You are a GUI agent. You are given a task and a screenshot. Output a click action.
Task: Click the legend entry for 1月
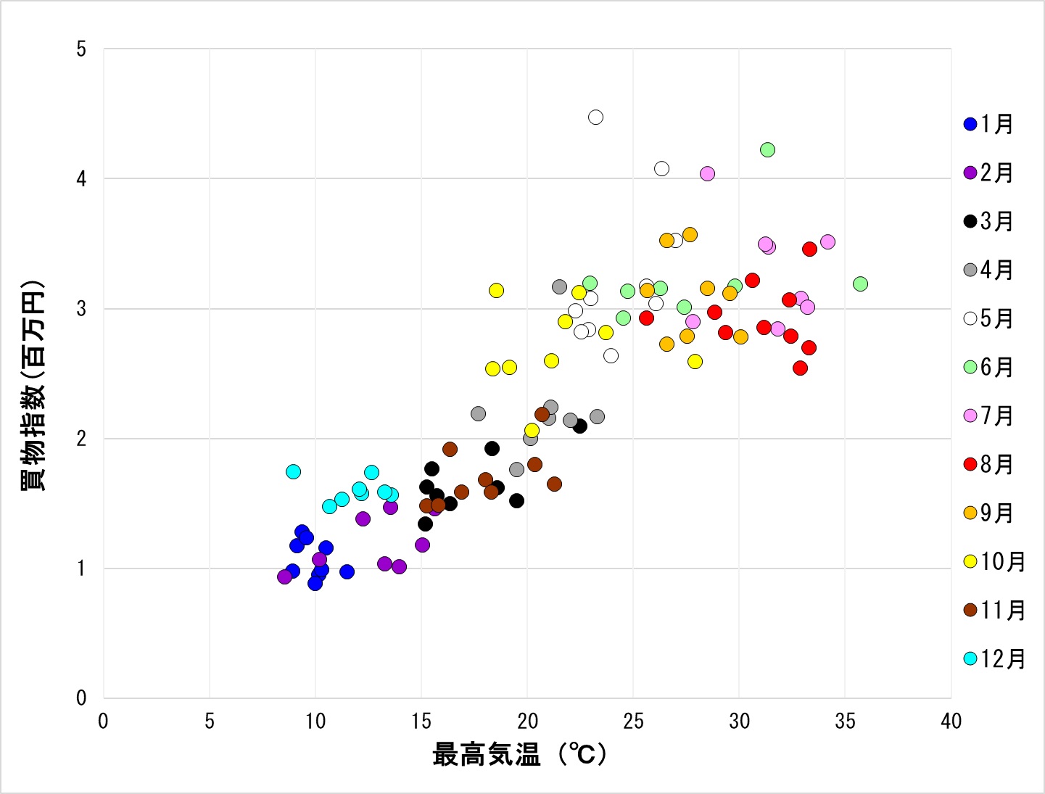[988, 124]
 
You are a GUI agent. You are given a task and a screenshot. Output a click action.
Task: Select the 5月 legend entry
[988, 318]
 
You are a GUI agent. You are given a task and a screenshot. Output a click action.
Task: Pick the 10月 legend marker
[970, 561]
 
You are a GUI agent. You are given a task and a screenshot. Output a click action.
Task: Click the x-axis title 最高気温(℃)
[519, 755]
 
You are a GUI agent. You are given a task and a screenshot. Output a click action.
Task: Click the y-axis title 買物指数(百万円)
[33, 385]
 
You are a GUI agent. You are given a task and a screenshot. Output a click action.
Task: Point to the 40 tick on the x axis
[951, 721]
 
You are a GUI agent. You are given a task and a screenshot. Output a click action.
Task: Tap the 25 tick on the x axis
[633, 721]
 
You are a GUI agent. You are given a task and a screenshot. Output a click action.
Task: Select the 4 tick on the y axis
[81, 178]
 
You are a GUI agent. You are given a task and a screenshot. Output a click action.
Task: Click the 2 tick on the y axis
[81, 438]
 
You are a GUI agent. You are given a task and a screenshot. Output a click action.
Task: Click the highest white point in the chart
[595, 117]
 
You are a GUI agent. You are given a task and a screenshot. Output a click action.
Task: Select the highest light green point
[767, 150]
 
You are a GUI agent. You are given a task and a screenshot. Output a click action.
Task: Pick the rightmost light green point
[860, 284]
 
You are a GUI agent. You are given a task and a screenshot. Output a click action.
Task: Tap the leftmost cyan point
[293, 471]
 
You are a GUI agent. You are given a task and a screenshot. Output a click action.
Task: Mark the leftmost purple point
[284, 576]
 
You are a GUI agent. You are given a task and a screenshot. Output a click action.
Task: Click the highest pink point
[707, 174]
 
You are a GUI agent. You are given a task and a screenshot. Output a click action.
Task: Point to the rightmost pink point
[827, 241]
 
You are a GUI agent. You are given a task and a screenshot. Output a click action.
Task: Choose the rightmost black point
[579, 426]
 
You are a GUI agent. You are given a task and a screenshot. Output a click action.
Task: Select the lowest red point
[800, 368]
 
